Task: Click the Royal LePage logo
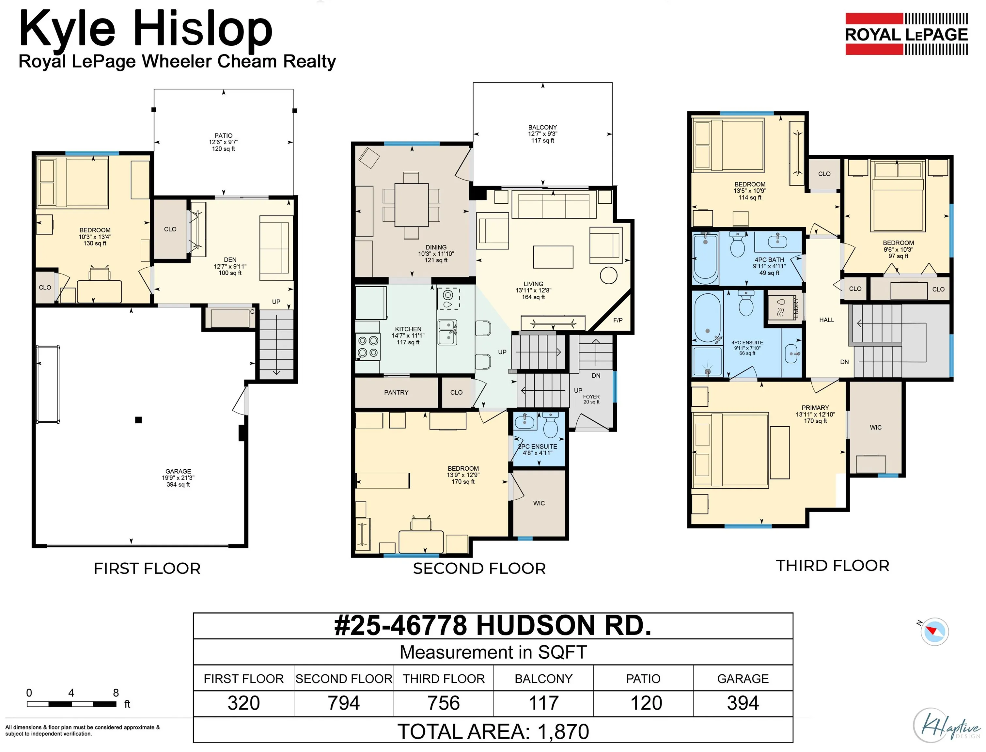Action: point(906,34)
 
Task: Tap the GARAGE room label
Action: point(178,471)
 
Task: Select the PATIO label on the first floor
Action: point(223,136)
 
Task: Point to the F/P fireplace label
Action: point(618,320)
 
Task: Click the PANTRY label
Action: point(396,393)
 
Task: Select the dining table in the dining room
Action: point(411,205)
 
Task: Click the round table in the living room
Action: point(608,275)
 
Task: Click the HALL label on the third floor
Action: point(827,320)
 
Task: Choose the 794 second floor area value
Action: point(344,703)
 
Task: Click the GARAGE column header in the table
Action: point(743,679)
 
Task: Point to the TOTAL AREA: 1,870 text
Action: point(493,732)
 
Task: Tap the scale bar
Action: point(71,704)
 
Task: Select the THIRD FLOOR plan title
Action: point(833,566)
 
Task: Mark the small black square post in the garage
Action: point(139,420)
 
